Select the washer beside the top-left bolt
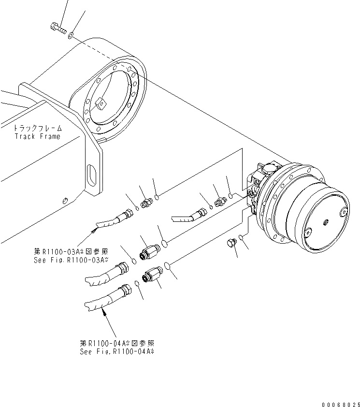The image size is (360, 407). pos(71,35)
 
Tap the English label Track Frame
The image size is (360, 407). pos(37,136)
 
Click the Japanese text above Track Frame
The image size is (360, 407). pos(38,129)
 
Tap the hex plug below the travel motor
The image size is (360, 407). pos(231,244)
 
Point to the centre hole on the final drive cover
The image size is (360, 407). pos(325,222)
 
